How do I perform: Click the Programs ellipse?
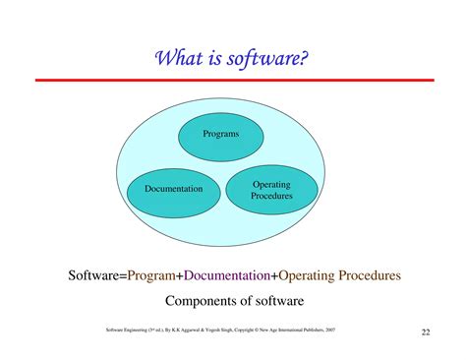click(x=220, y=133)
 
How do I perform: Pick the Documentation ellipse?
click(x=173, y=188)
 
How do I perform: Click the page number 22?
click(x=425, y=331)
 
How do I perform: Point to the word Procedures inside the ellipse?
click(x=271, y=196)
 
